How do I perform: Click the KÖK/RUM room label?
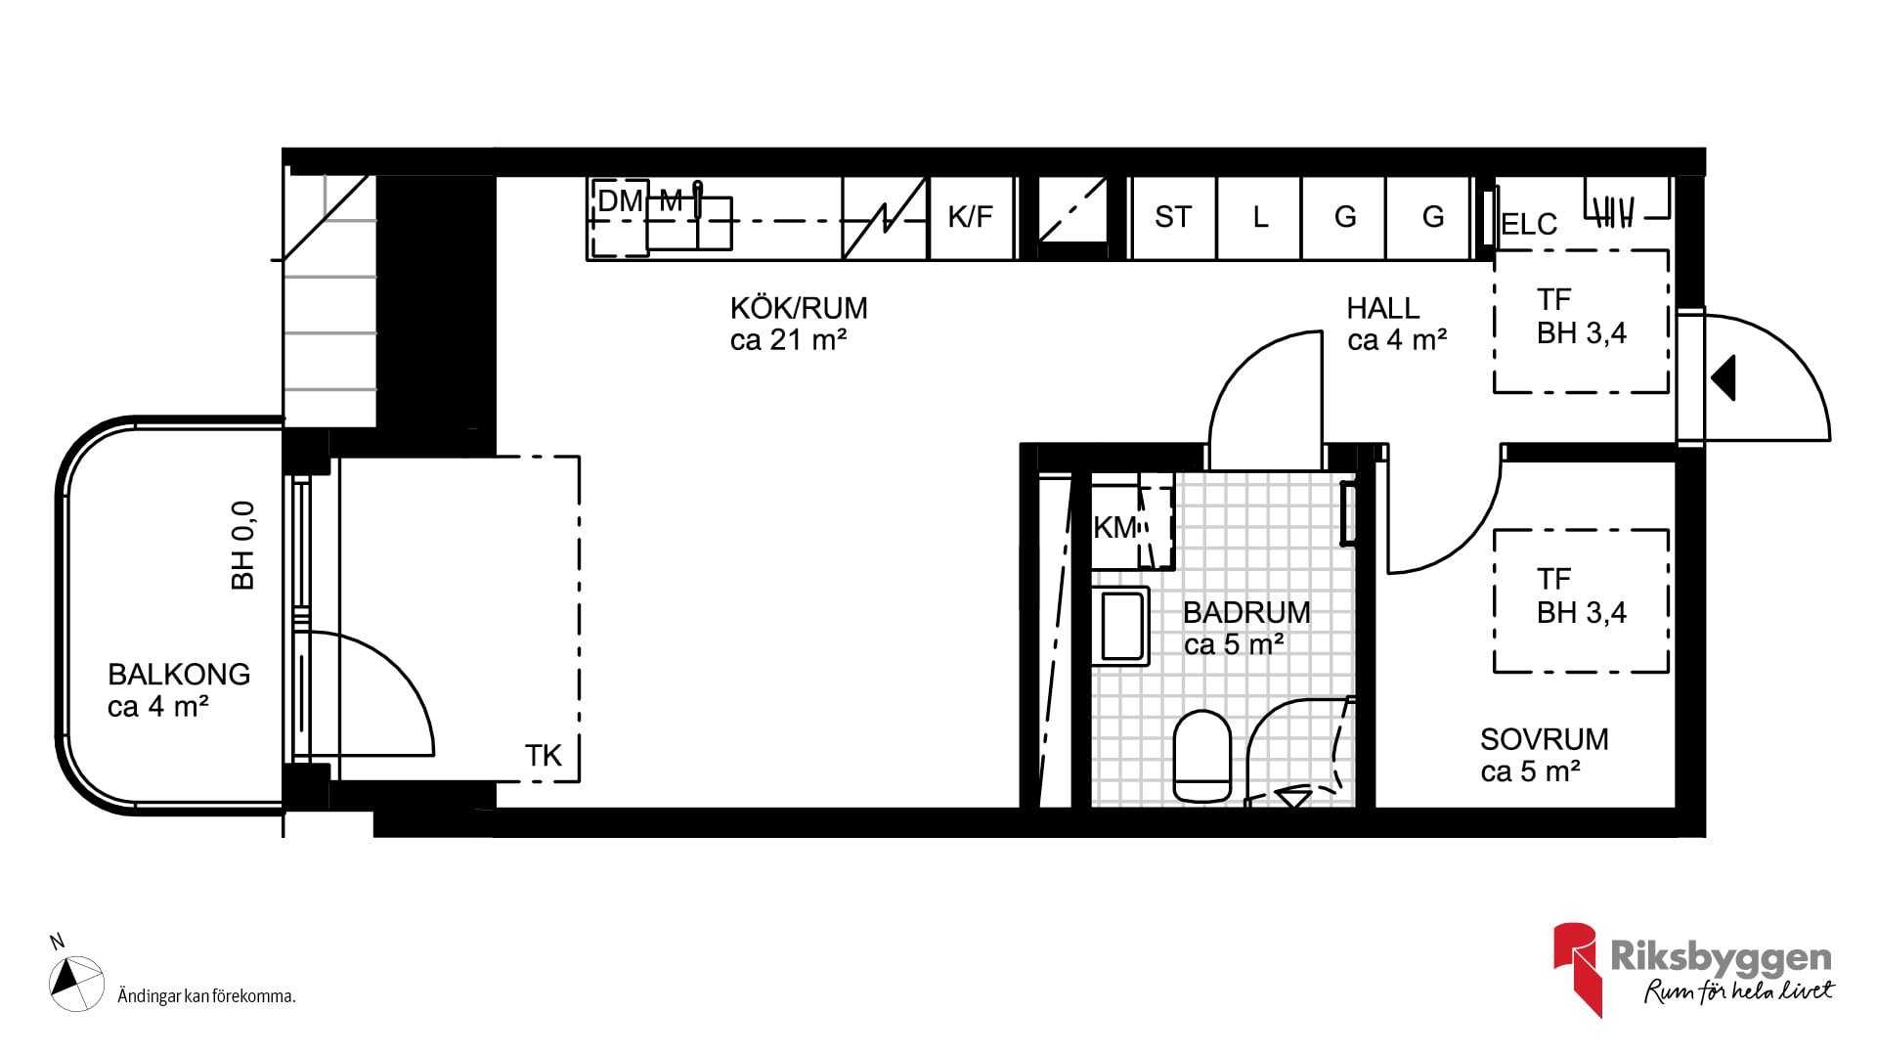pos(799,308)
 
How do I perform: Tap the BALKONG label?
pos(179,674)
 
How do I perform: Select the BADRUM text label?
pos(1246,612)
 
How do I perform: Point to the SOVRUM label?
pos(1544,739)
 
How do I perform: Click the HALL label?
pos(1382,308)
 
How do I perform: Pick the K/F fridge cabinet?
pos(971,217)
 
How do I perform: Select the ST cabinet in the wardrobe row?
pos(1173,217)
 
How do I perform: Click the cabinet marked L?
pos(1259,217)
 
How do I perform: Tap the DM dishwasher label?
pos(620,201)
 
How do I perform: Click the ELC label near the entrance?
pos(1529,224)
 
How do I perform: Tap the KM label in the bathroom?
pos(1115,528)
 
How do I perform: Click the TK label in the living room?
pos(544,756)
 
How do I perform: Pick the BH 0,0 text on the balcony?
pos(242,546)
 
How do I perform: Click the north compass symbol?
pos(75,981)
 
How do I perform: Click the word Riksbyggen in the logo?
pos(1721,958)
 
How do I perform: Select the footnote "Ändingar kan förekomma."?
pos(206,996)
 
